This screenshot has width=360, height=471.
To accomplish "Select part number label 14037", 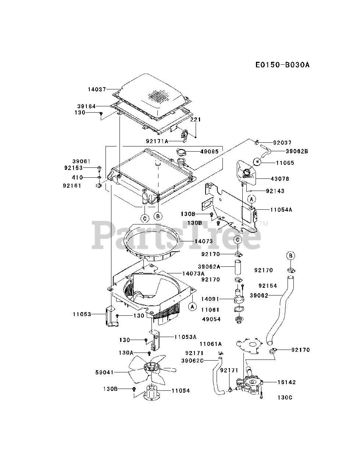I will coord(97,89).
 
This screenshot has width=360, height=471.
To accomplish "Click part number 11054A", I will coord(281,210).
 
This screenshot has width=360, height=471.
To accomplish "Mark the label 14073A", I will coord(193,273).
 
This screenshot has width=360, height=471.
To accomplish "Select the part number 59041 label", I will coord(105,372).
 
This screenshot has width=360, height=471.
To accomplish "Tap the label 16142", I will coord(286,382).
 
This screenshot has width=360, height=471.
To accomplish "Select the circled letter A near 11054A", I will coord(252,199).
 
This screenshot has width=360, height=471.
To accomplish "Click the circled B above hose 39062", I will coord(290,256).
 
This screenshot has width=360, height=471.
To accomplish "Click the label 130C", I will coord(286,398).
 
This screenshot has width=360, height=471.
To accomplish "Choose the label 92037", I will coord(282,142).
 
